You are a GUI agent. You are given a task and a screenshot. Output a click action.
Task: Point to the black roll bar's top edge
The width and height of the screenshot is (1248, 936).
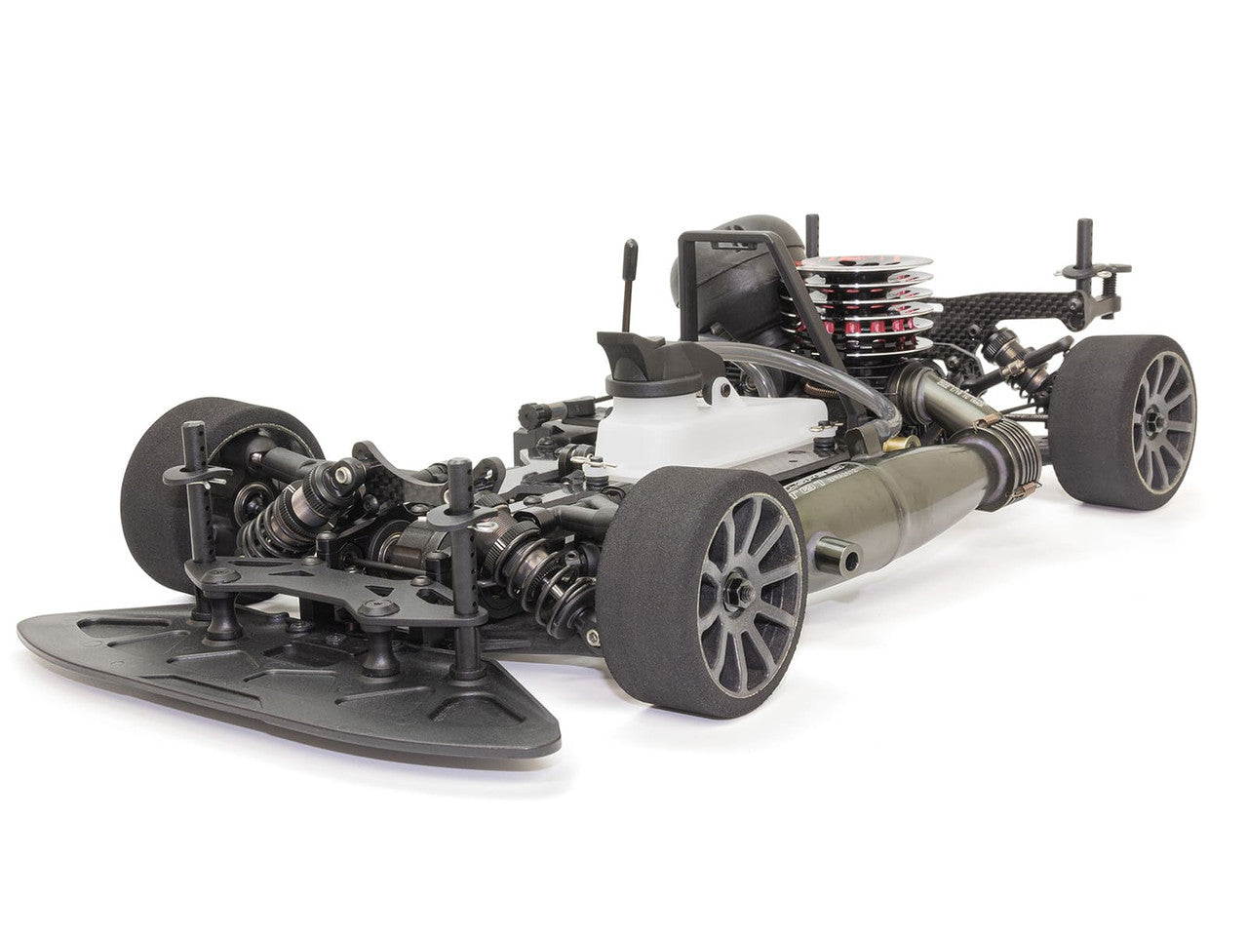click(721, 234)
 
